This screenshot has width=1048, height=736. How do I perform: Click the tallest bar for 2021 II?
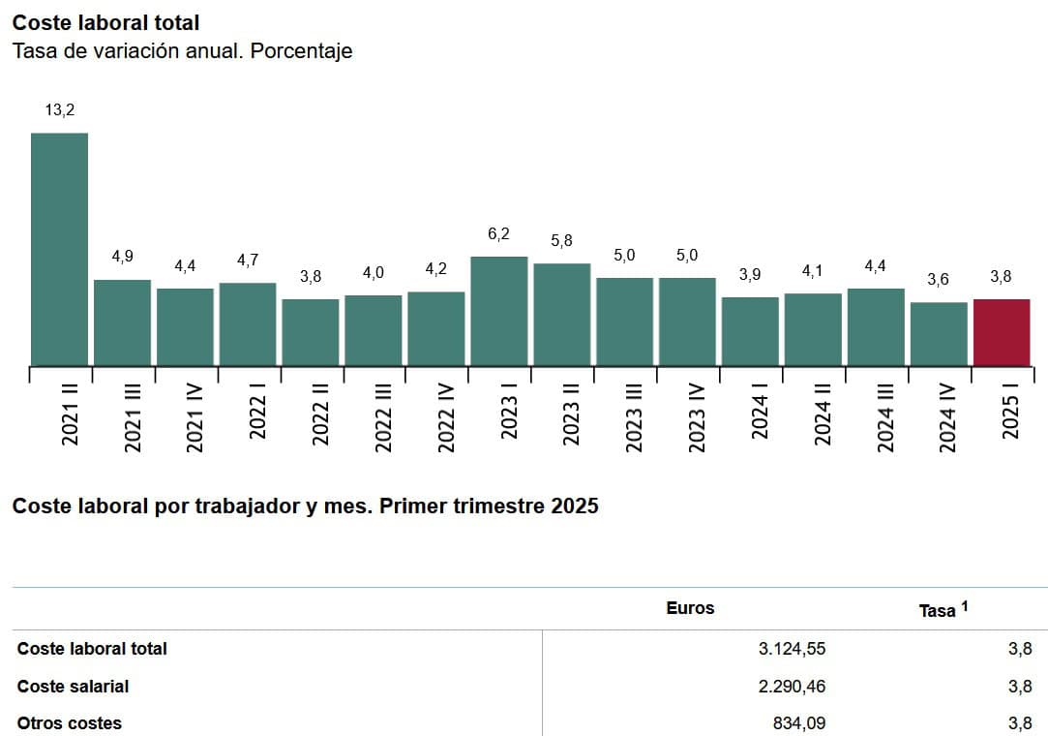coord(59,250)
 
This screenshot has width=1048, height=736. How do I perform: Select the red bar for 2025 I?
coord(1002,332)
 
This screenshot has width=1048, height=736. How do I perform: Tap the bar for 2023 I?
coord(499,311)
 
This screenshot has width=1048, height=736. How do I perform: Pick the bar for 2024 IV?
coord(939,334)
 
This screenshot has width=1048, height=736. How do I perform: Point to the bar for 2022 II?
coord(311,332)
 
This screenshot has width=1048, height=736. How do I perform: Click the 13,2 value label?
coord(59,109)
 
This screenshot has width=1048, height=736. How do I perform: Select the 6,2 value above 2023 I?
coord(498,233)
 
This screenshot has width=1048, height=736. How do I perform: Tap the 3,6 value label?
coord(938,279)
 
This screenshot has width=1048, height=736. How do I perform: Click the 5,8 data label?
coord(561,240)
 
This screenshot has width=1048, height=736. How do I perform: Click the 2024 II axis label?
coord(823,414)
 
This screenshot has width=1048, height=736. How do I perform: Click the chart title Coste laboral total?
coord(105,22)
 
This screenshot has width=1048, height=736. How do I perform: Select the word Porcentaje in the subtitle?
coord(302,51)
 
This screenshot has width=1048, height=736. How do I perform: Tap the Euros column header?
coord(690,608)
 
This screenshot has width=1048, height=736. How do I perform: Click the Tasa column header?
coord(943,609)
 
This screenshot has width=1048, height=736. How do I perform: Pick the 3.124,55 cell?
coord(792,648)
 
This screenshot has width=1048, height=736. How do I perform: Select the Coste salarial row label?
coord(73,686)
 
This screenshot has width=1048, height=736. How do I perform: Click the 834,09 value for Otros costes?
coord(799,723)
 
